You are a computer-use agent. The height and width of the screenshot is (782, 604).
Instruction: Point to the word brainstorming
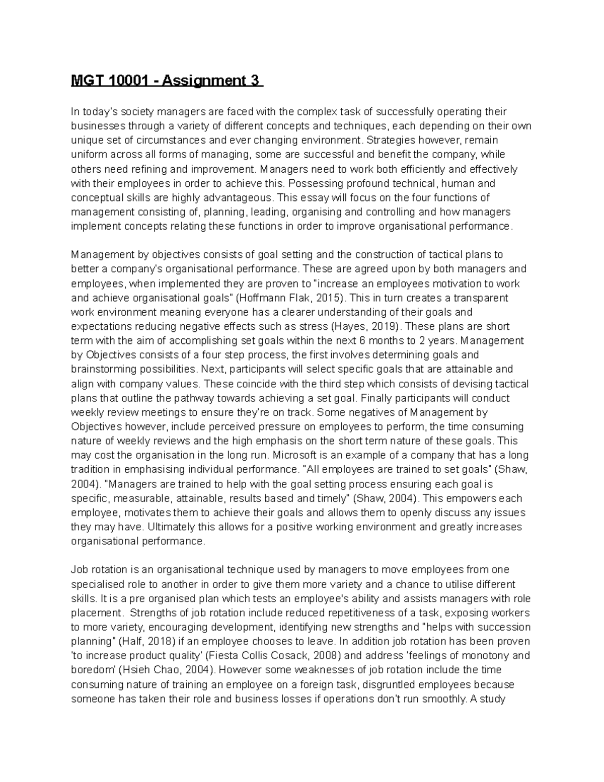coord(102,369)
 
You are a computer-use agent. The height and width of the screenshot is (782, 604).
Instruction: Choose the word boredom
coord(93,670)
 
